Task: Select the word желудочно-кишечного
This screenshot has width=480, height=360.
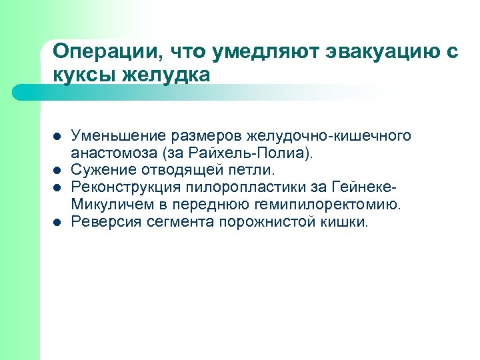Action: pos(329,136)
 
